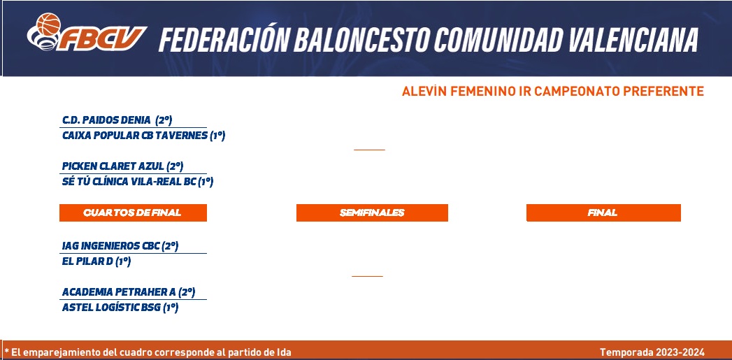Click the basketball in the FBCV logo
pyautogui.click(x=48, y=24)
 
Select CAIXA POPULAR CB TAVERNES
pyautogui.click(x=134, y=136)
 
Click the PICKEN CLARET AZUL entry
pyautogui.click(x=113, y=166)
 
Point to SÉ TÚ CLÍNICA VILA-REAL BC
pyautogui.click(x=129, y=182)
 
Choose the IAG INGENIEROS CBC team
pyautogui.click(x=110, y=246)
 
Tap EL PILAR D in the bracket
pyautogui.click(x=87, y=261)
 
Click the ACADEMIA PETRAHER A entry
pyautogui.click(x=119, y=292)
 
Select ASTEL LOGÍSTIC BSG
pyautogui.click(x=111, y=308)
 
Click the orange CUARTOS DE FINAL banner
pyautogui.click(x=133, y=213)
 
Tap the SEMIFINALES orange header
pyautogui.click(x=372, y=213)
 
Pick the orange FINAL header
pyautogui.click(x=603, y=213)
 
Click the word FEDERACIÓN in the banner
pyautogui.click(x=224, y=39)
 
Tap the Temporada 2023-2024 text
pyautogui.click(x=652, y=352)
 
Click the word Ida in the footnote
pyautogui.click(x=285, y=352)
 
